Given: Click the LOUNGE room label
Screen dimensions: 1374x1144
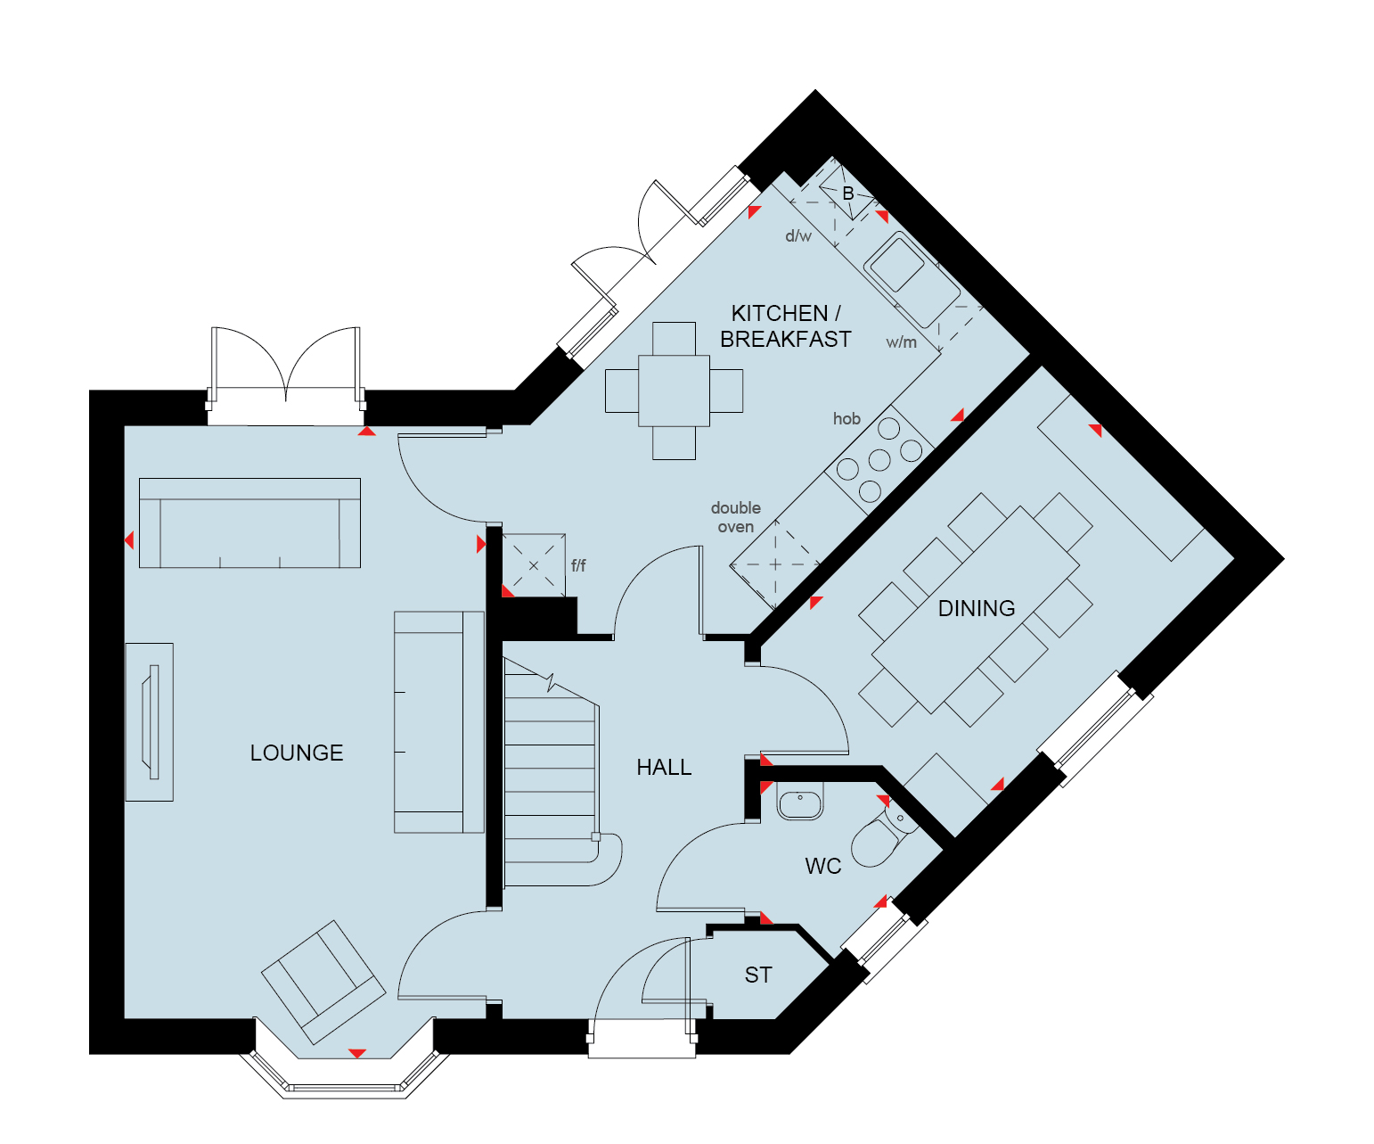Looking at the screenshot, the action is click(x=296, y=753).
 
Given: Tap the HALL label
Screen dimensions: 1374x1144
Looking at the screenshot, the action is click(x=664, y=768).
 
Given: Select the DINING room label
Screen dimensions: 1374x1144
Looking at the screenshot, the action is click(x=976, y=608).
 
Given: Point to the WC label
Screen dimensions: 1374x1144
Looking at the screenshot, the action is click(x=822, y=866).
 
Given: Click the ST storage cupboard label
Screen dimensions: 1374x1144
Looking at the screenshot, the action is click(x=758, y=975).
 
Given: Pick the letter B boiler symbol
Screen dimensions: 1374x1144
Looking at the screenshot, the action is click(x=848, y=193).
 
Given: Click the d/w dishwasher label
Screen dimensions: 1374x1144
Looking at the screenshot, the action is click(x=798, y=235).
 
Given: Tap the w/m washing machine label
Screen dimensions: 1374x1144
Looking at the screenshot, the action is click(x=901, y=342).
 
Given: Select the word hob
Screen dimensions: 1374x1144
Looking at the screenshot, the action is click(x=846, y=419).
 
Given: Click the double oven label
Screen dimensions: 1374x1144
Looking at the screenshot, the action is click(x=736, y=517).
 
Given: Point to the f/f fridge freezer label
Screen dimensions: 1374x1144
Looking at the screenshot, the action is click(x=578, y=565).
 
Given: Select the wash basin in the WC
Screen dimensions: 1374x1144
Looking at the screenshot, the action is click(x=799, y=801).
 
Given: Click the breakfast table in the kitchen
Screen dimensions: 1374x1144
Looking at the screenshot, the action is click(x=674, y=391).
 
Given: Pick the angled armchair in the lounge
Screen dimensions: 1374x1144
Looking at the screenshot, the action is click(x=323, y=982).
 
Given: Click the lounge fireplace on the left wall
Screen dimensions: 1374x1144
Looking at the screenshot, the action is click(x=150, y=722).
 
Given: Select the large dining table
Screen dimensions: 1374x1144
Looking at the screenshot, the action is click(x=975, y=610).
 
